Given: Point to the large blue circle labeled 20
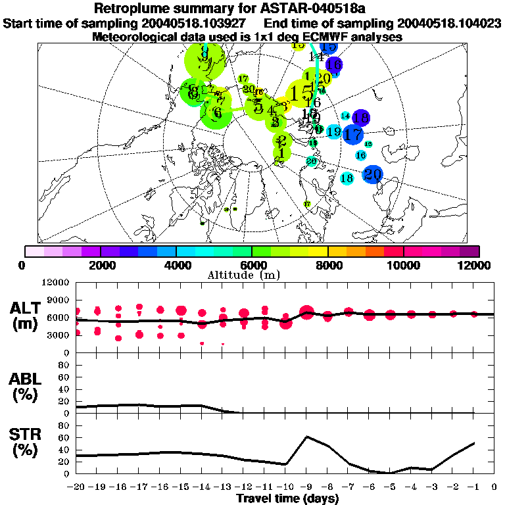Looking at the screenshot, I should (373, 174).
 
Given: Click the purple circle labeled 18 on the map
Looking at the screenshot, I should (360, 118).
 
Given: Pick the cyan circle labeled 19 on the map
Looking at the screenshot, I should (333, 132).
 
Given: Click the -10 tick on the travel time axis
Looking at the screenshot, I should (286, 487).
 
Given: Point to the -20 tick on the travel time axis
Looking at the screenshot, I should (78, 487).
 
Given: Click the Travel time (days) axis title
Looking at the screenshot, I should (287, 499).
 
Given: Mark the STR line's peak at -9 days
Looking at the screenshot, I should (306, 437).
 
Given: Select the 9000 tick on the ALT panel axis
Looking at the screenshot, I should (59, 300).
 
